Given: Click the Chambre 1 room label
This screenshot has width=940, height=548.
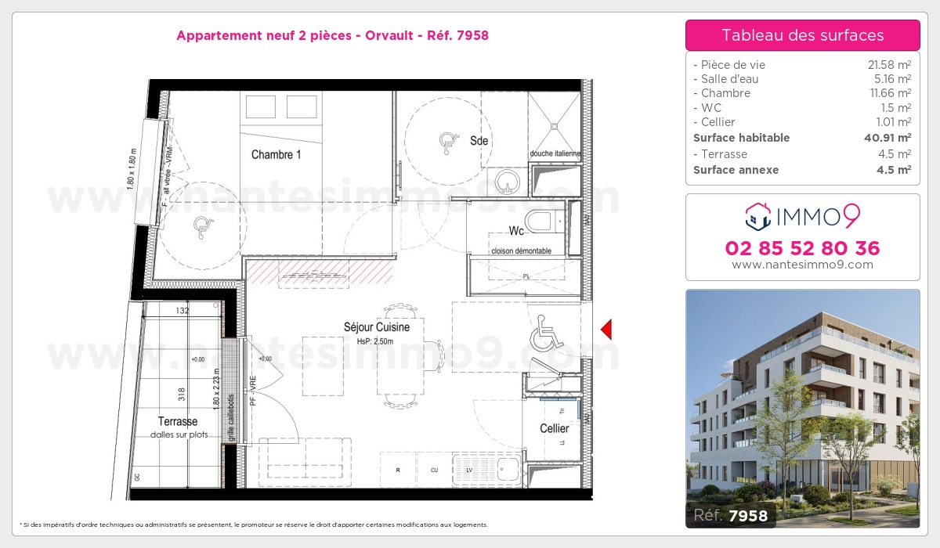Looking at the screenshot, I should pos(276,155).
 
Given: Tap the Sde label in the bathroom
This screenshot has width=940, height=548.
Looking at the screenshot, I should pos(479,141).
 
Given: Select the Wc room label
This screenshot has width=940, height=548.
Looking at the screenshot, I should pos(516,231).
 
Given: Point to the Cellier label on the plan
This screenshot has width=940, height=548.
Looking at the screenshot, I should pos(554,429).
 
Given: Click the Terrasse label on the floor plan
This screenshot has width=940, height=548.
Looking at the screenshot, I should pos(177,422).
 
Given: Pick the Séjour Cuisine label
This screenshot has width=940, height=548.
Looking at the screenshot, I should pos(376,327).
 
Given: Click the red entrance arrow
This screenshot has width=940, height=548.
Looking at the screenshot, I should pos(605,330).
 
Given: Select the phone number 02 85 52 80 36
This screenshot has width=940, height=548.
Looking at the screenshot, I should pos(802,249).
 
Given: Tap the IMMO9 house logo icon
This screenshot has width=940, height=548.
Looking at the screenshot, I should pos(757,217).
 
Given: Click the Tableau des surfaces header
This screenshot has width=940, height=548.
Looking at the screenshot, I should pos(802,35).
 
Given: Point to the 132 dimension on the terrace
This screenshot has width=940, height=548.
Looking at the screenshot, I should pos(183,311).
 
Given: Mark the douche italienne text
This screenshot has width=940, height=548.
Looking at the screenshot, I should pos(555,153).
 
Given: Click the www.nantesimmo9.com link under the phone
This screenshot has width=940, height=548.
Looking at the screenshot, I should pos(802,265).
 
